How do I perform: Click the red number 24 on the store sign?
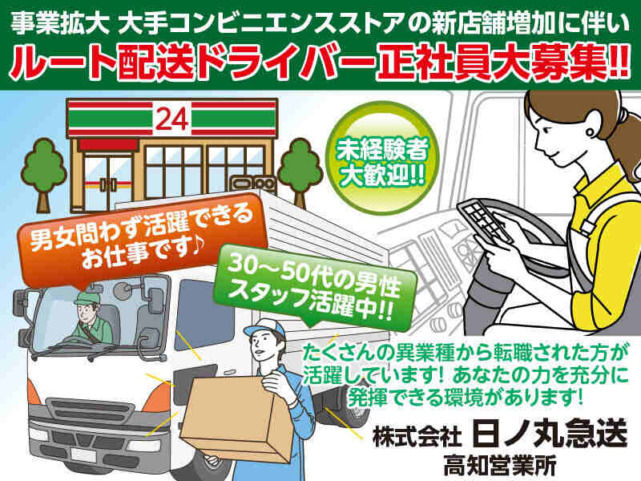pos(172,119)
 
